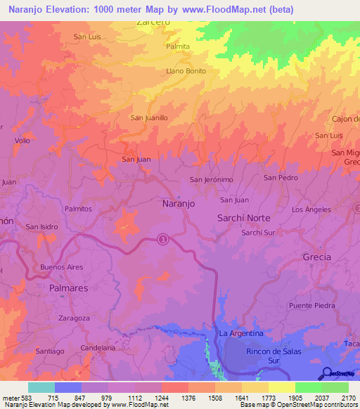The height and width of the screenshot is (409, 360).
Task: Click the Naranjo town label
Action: pyautogui.click(x=179, y=202)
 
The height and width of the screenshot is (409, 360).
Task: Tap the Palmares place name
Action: pyautogui.click(x=70, y=288)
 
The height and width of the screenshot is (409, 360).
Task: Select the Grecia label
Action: pyautogui.click(x=316, y=257)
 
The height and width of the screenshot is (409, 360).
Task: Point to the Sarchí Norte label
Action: pyautogui.click(x=244, y=218)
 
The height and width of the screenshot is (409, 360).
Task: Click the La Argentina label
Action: pyautogui.click(x=240, y=333)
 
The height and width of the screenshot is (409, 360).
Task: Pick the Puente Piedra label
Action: pyautogui.click(x=312, y=306)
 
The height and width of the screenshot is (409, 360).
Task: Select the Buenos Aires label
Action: pyautogui.click(x=62, y=267)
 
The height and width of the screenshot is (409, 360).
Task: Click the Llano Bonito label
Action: pyautogui.click(x=186, y=71)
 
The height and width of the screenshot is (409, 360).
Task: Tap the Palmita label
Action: pyautogui.click(x=178, y=46)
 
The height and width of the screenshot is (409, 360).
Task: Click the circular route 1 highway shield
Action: pyautogui.click(x=163, y=239)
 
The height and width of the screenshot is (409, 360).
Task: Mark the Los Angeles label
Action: pyautogui.click(x=311, y=210)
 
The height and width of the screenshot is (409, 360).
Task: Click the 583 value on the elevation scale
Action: pyautogui.click(x=25, y=398)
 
